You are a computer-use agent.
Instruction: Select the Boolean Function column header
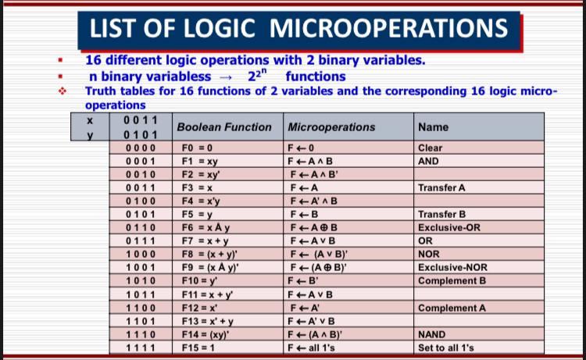point(224,127)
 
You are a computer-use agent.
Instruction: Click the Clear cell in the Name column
point(431,148)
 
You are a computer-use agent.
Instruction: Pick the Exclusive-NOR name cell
point(452,268)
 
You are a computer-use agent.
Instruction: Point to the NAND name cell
point(434,334)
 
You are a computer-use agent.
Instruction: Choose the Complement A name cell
point(452,308)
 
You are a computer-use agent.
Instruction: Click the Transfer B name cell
point(442,214)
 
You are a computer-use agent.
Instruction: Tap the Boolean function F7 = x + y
point(205,241)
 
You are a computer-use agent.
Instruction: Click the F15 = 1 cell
point(200,348)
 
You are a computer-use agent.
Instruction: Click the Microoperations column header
point(331,127)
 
